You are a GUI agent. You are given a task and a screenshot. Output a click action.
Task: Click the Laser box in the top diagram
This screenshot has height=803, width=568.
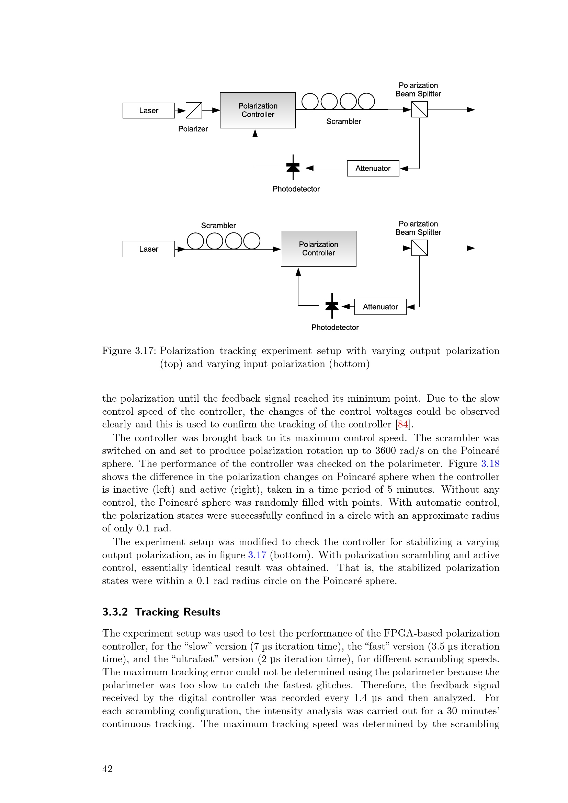(148, 111)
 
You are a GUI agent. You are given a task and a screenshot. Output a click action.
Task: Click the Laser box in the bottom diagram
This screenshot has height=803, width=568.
(148, 249)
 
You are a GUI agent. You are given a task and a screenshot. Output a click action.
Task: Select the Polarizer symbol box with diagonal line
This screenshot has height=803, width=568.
(193, 110)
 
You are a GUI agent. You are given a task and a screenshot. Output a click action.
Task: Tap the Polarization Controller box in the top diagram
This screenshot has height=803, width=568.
(258, 110)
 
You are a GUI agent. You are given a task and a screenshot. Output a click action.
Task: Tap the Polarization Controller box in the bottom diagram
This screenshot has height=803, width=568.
(318, 249)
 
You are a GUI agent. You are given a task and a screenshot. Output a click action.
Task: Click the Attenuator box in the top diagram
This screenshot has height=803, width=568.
(373, 168)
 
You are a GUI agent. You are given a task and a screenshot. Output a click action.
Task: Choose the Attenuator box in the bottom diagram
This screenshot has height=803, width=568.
(380, 307)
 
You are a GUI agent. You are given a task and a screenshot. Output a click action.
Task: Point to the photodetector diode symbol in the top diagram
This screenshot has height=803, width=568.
(293, 167)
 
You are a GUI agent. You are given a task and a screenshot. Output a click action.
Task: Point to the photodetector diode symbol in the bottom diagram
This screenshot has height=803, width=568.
(332, 306)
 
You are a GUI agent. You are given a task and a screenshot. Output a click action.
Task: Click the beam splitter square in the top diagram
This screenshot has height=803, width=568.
(419, 110)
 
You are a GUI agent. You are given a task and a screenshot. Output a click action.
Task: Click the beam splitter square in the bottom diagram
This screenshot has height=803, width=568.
(419, 248)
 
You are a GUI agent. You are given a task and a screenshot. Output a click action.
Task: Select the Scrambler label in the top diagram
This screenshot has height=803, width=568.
(343, 121)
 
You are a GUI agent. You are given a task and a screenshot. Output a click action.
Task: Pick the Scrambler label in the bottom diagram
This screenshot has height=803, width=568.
(218, 226)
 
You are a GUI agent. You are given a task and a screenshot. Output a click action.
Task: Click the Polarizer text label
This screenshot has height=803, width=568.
(193, 129)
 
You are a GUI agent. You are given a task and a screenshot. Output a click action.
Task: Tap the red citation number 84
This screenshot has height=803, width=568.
(403, 424)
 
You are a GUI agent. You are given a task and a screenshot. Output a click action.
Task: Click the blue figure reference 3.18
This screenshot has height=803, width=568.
(490, 464)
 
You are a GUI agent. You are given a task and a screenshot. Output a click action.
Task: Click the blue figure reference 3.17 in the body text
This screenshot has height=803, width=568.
(257, 555)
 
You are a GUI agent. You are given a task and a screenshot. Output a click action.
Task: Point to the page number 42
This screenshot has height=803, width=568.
(107, 769)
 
